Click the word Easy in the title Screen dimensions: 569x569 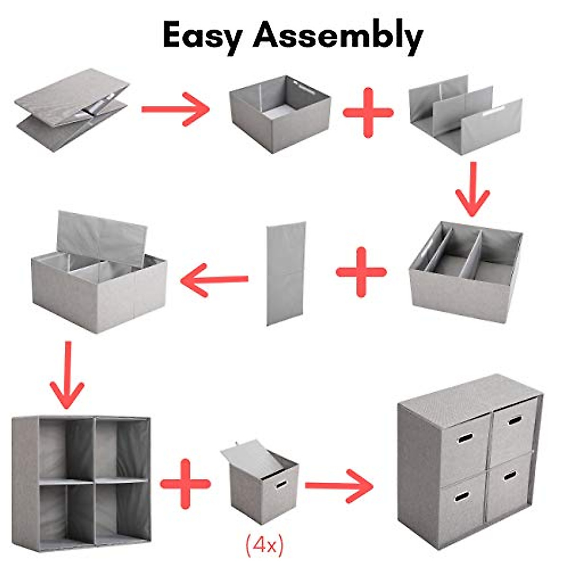click(x=202, y=36)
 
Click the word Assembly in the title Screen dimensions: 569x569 click(x=337, y=36)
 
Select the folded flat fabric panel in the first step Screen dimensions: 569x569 click(x=72, y=109)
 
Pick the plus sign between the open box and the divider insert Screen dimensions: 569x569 click(x=368, y=113)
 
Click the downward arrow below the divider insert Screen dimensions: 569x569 click(x=472, y=190)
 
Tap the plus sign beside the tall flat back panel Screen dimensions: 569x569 click(x=361, y=272)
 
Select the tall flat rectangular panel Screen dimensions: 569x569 click(x=285, y=274)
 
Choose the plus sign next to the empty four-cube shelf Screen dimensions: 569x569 click(x=185, y=484)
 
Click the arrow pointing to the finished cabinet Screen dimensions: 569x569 click(x=339, y=485)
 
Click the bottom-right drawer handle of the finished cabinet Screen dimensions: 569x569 click(x=510, y=475)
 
